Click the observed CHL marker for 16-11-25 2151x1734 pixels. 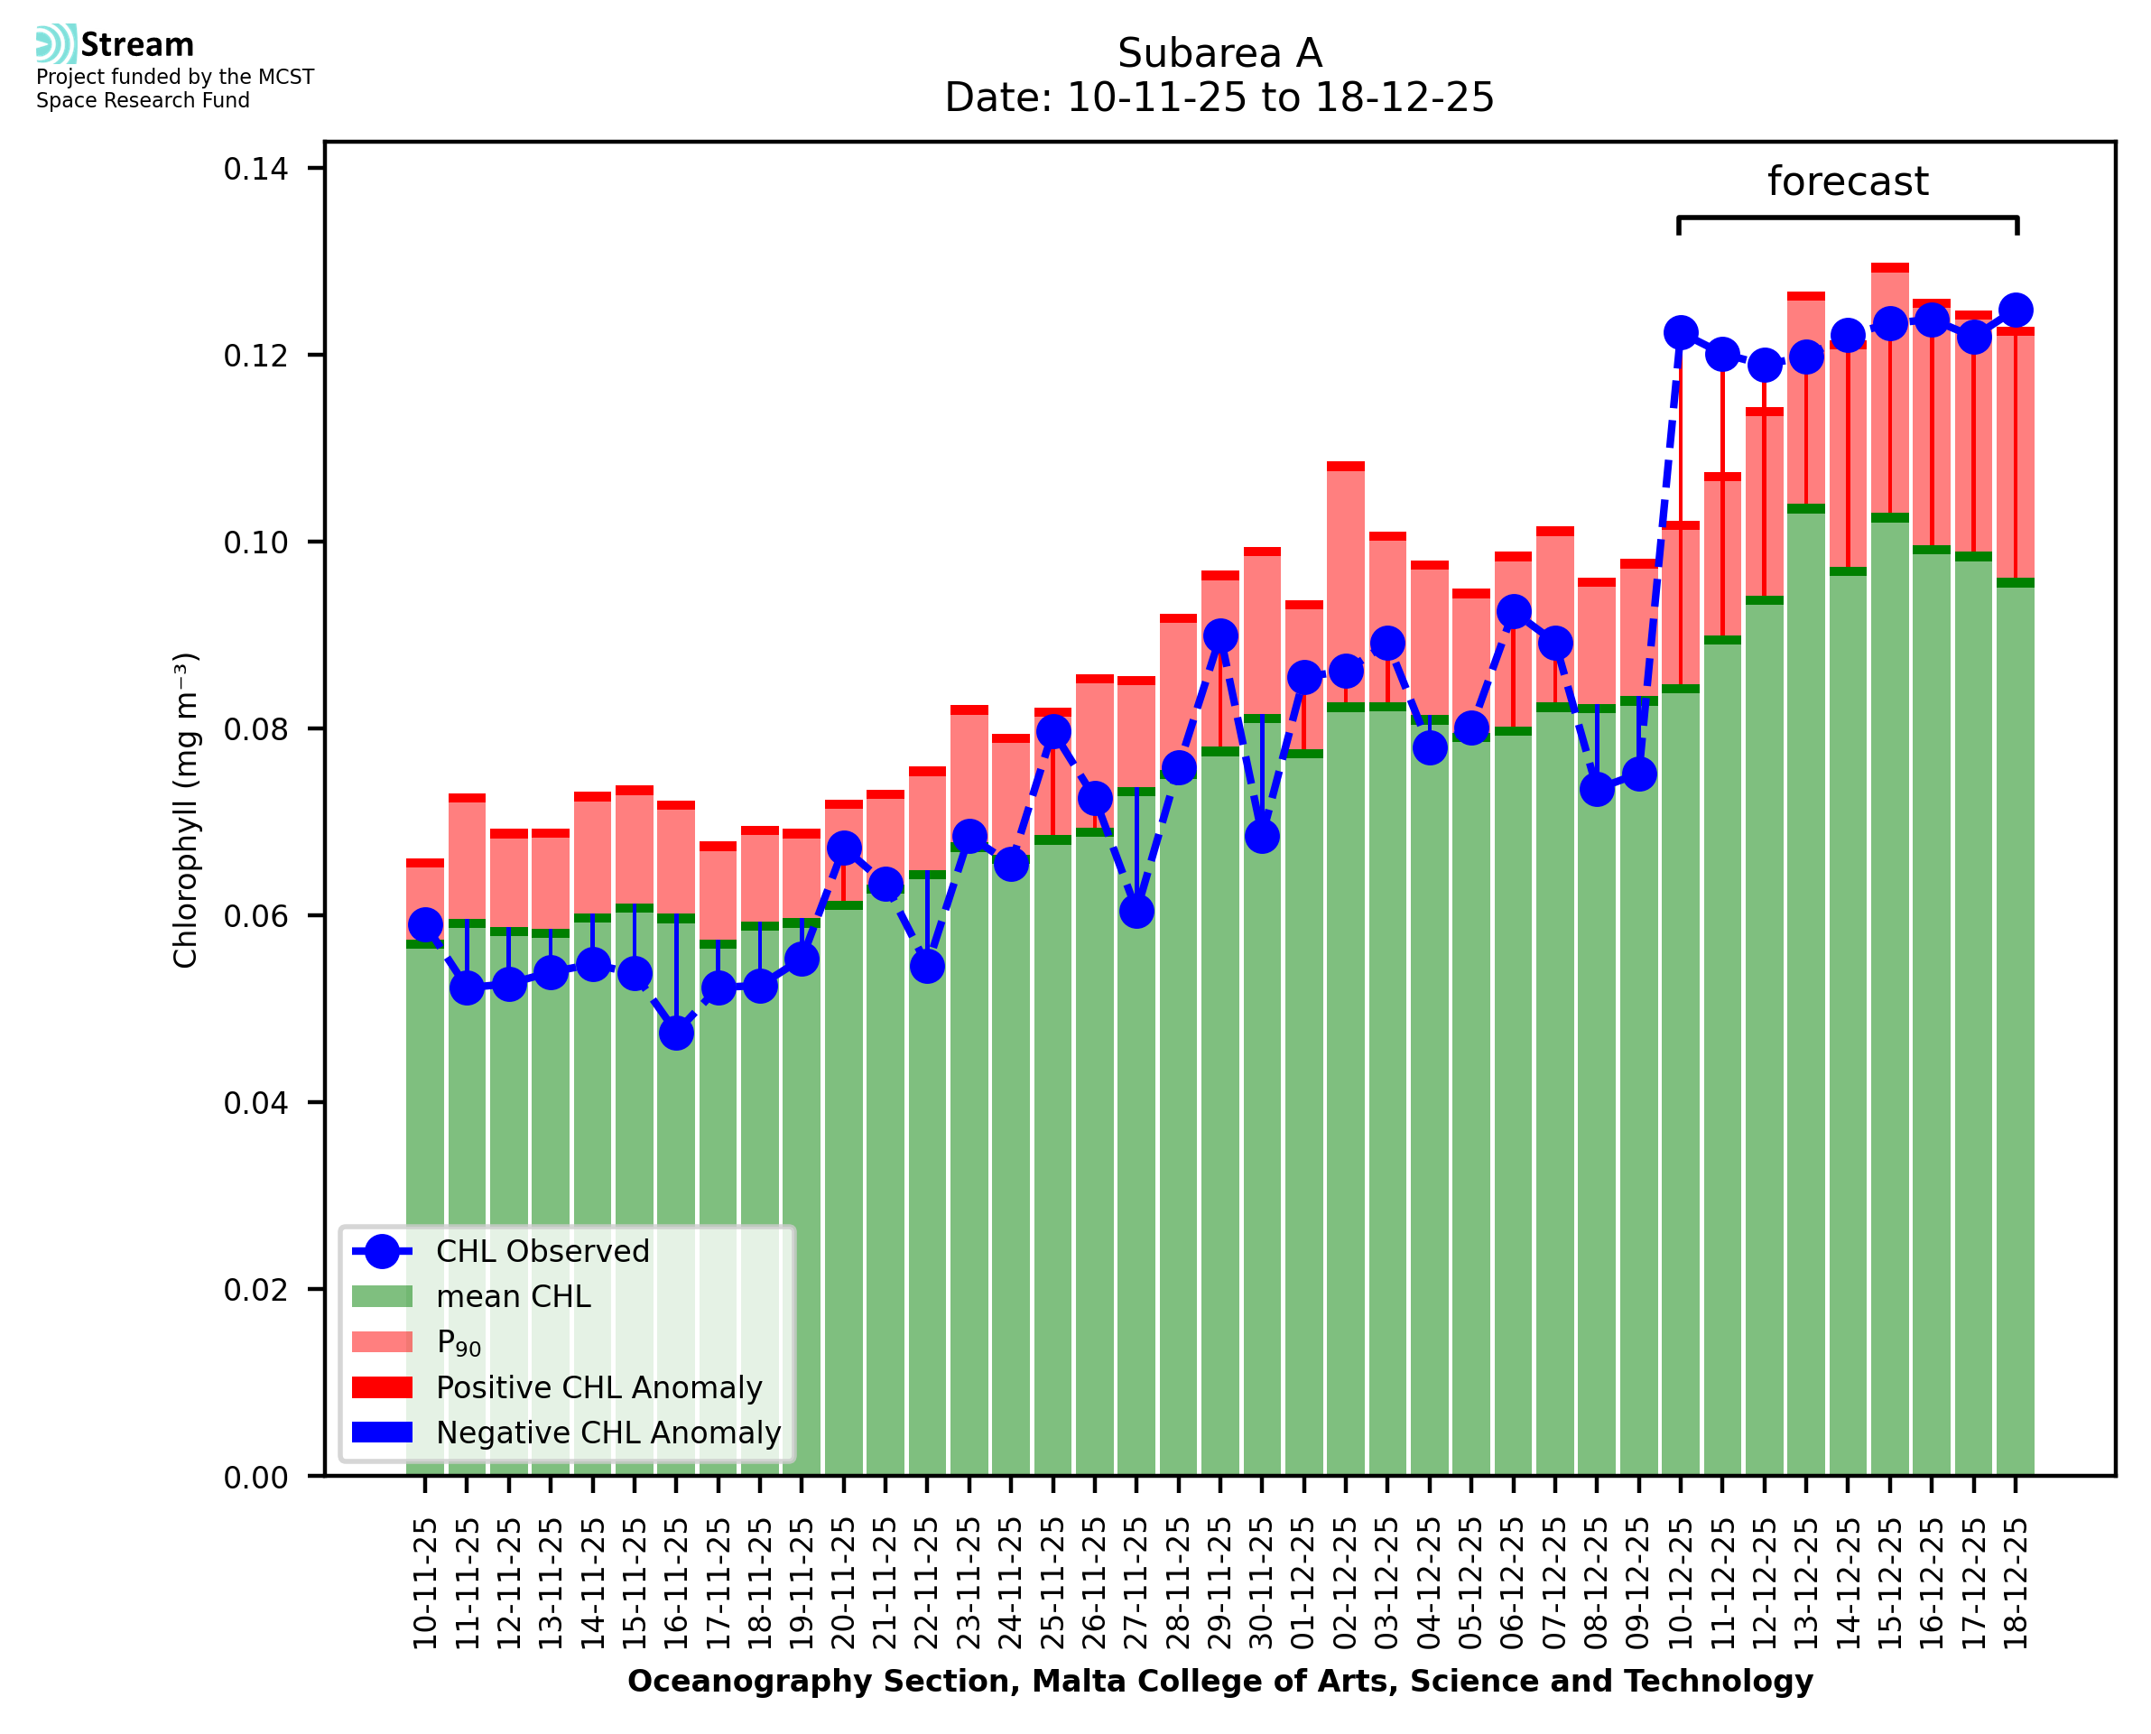pos(676,1033)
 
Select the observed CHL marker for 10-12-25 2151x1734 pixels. pos(1681,332)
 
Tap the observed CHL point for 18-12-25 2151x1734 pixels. pos(2016,310)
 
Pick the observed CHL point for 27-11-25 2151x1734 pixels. pos(1136,911)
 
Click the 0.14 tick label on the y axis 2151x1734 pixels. pos(255,169)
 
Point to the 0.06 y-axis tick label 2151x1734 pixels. pos(255,916)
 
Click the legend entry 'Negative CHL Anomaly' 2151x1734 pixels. pos(607,1433)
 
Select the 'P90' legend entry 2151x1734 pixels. pos(459,1342)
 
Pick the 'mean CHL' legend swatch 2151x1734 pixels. pos(383,1296)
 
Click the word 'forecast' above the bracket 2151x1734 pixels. pos(1848,181)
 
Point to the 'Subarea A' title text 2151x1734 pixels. pos(1219,53)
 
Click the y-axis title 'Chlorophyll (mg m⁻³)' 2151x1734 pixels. pos(186,810)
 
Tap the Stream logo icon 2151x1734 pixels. pos(56,44)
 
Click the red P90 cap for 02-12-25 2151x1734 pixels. pos(1345,467)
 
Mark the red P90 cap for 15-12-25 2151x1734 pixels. pos(1889,268)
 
